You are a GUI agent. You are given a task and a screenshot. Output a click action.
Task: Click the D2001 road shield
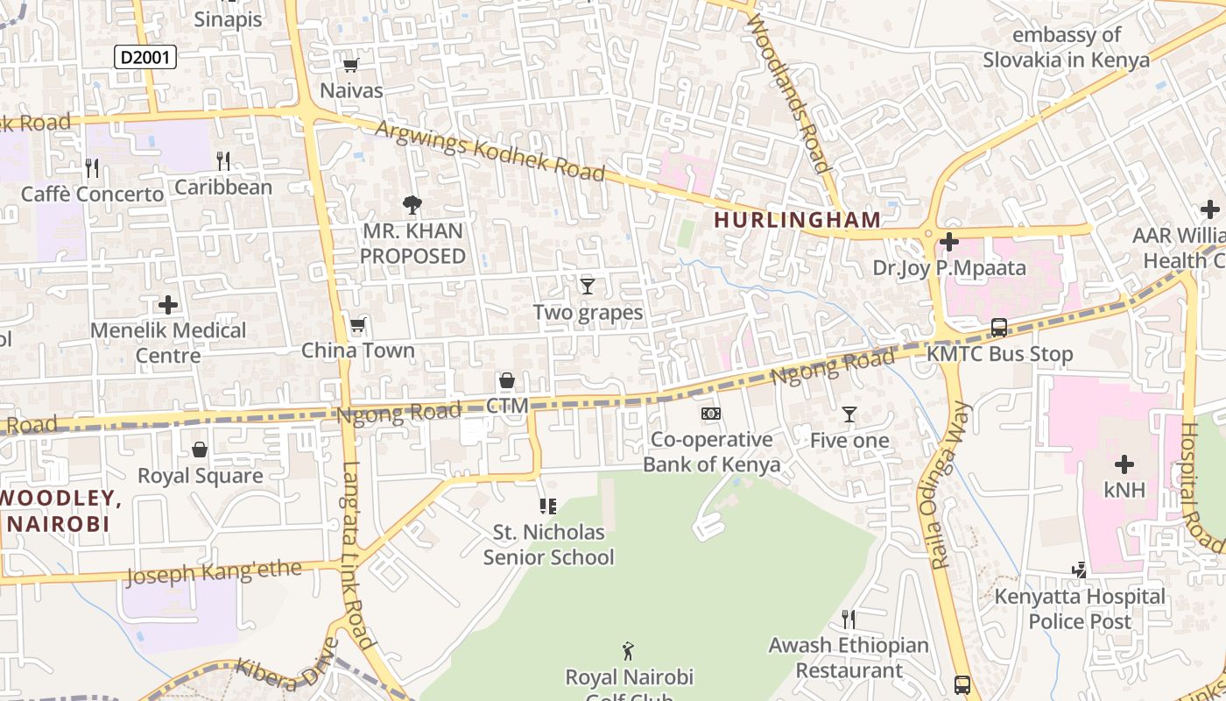tap(145, 58)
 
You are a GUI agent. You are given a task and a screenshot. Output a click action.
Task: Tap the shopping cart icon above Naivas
tap(351, 64)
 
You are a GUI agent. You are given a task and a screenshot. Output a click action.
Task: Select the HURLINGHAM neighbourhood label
tap(797, 219)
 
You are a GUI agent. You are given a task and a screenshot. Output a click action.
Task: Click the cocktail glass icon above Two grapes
tap(588, 286)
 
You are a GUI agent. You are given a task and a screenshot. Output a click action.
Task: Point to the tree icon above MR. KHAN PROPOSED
tap(412, 205)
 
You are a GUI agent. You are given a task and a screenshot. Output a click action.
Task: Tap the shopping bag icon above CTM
tap(506, 380)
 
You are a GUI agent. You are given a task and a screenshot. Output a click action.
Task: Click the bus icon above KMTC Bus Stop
tap(998, 328)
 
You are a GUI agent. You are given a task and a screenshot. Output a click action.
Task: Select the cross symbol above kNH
tap(1124, 464)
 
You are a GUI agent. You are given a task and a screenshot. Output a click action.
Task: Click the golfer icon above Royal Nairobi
tap(628, 651)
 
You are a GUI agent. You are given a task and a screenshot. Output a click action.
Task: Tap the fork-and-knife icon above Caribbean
tap(223, 160)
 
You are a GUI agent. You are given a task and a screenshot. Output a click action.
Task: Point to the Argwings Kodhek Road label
tap(490, 151)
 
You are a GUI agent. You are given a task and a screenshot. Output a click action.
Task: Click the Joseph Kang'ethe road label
tap(214, 573)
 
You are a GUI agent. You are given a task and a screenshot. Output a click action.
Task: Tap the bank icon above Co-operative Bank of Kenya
tap(711, 413)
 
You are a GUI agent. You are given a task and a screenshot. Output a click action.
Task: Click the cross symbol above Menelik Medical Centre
tap(168, 305)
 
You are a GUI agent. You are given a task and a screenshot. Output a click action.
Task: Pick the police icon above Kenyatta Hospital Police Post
tap(1079, 570)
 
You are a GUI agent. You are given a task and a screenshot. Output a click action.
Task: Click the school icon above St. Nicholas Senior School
tap(548, 506)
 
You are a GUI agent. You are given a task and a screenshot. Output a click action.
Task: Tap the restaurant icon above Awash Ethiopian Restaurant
tap(848, 620)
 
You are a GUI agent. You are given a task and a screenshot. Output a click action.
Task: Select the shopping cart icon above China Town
tap(357, 326)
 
